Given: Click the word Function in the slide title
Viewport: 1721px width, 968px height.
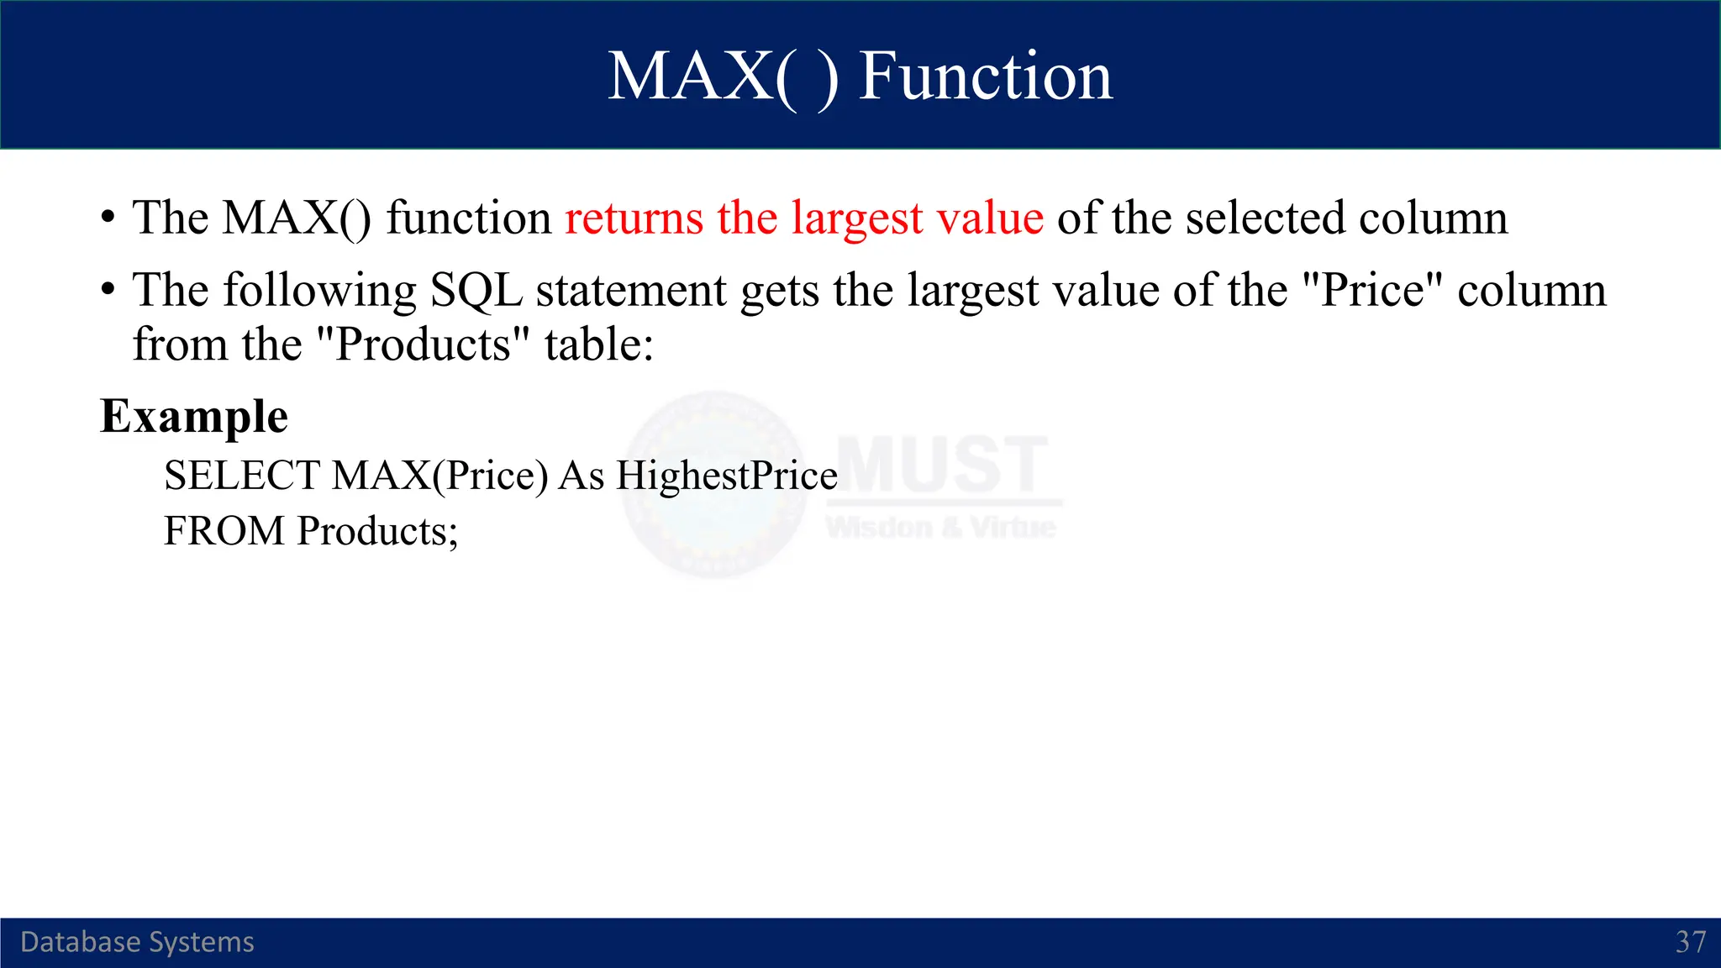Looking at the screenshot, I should pyautogui.click(x=985, y=76).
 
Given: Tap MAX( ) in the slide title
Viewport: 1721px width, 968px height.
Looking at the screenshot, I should pyautogui.click(x=723, y=76).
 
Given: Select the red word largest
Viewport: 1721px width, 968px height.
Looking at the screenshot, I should pyautogui.click(x=857, y=219).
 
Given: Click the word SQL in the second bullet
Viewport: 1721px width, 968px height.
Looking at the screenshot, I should pyautogui.click(x=476, y=291).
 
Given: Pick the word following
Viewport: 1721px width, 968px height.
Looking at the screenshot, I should pyautogui.click(x=319, y=291).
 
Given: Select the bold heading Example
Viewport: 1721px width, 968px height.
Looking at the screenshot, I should pyautogui.click(x=194, y=417).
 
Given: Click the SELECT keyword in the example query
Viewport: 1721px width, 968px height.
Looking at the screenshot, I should pyautogui.click(x=241, y=476).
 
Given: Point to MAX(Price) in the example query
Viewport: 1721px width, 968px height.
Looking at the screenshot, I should pyautogui.click(x=439, y=476).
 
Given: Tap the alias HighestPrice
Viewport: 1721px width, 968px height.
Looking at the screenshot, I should pyautogui.click(x=726, y=476).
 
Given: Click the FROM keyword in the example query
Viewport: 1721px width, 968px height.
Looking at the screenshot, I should pyautogui.click(x=224, y=531).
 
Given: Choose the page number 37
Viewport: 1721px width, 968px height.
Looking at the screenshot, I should pyautogui.click(x=1690, y=942).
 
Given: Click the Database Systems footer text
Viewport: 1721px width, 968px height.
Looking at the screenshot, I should pyautogui.click(x=137, y=942).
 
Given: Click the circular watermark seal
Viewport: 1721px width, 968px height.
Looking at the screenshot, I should pyautogui.click(x=714, y=485).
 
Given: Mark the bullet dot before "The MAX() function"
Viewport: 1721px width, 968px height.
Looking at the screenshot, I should pyautogui.click(x=108, y=218).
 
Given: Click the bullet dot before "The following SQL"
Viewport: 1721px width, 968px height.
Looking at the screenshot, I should pyautogui.click(x=108, y=290).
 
